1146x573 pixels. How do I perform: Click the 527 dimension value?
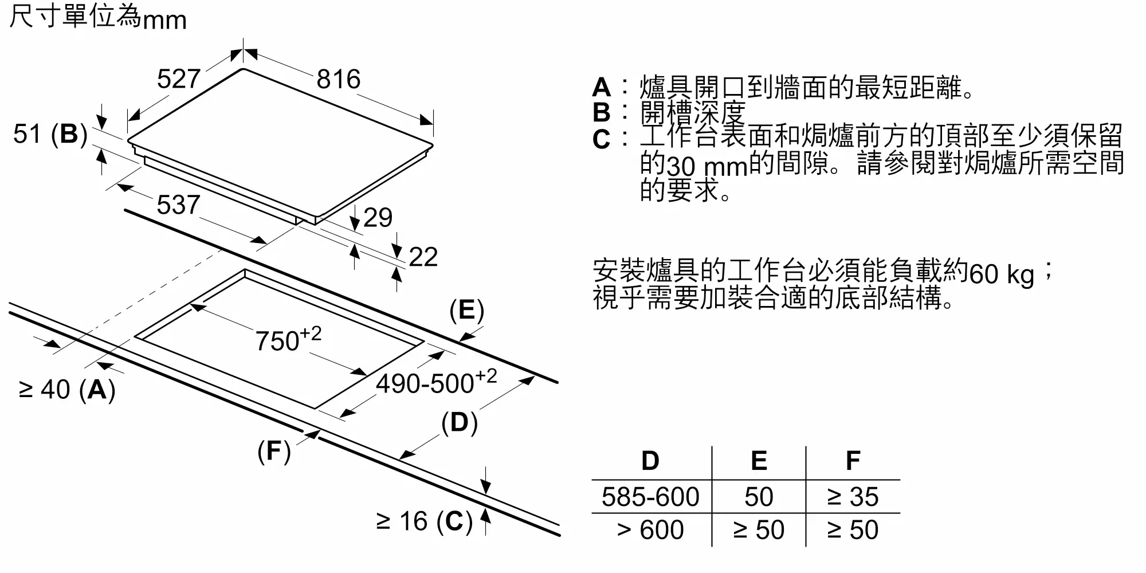(x=179, y=79)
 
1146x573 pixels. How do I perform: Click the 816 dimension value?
(x=339, y=79)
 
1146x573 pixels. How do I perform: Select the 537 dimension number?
(x=178, y=205)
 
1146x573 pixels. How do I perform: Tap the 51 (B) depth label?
(x=50, y=135)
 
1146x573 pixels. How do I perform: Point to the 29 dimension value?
(x=378, y=218)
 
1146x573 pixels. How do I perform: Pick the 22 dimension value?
(x=423, y=257)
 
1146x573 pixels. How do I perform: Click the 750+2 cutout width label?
(x=288, y=339)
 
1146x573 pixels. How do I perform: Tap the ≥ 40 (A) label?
(x=67, y=390)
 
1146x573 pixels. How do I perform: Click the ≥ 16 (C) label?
(x=425, y=522)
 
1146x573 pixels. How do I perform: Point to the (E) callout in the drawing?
(x=467, y=311)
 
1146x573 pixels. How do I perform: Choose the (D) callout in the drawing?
(x=460, y=423)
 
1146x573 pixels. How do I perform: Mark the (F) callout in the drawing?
(x=274, y=452)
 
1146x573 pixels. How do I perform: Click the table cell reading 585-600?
(x=650, y=497)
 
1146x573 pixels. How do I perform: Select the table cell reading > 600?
(x=650, y=530)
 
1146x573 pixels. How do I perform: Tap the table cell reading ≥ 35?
(x=853, y=497)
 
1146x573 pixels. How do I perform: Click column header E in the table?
(x=759, y=461)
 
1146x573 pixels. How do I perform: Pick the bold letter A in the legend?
(x=602, y=88)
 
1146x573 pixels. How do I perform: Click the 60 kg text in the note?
(x=1002, y=274)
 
